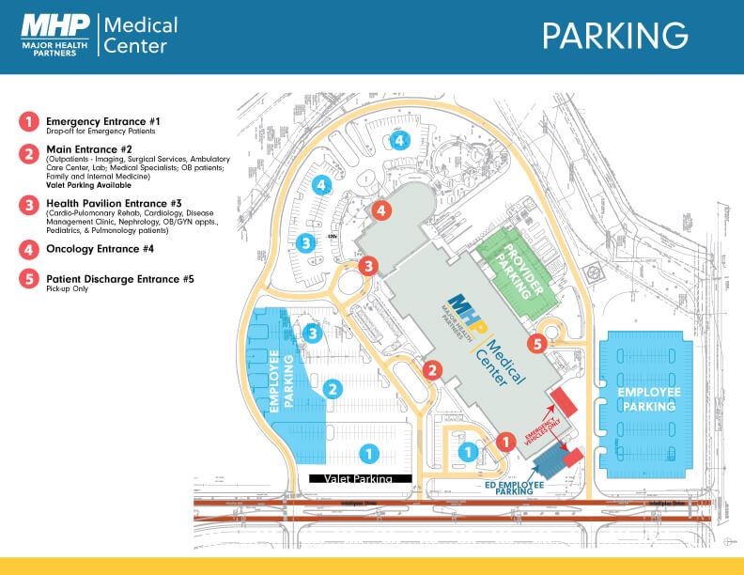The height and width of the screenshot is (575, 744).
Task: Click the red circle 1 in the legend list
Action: pyautogui.click(x=29, y=121)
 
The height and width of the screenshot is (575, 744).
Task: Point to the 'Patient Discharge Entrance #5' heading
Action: pyautogui.click(x=120, y=279)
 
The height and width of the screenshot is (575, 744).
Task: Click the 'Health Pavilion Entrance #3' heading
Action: pyautogui.click(x=114, y=204)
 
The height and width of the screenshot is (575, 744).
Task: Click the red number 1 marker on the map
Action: pyautogui.click(x=504, y=439)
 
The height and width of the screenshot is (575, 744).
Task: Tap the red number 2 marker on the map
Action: pyautogui.click(x=432, y=369)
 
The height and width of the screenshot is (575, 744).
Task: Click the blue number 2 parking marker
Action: pyautogui.click(x=331, y=387)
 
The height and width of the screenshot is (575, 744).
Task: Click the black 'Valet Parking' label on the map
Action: pyautogui.click(x=361, y=478)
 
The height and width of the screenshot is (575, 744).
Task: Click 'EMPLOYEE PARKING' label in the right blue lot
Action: pyautogui.click(x=648, y=398)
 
